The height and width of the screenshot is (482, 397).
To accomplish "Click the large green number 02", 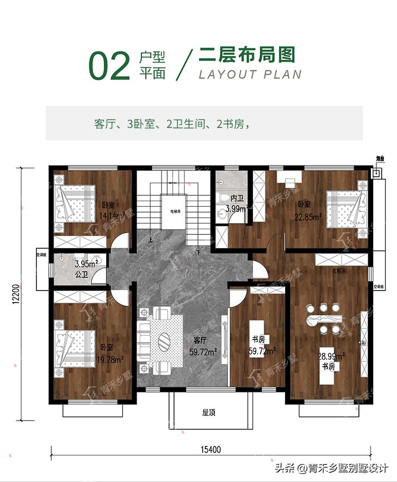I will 110,66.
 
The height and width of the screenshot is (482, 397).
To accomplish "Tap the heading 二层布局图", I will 246,55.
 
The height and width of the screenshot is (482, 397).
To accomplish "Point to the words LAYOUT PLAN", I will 250,74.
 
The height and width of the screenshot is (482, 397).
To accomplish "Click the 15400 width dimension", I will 211,450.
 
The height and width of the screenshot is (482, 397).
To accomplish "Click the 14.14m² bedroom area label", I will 112,215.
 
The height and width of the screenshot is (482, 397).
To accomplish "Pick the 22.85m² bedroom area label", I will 308,216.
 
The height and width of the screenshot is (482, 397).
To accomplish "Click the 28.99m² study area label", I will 331,357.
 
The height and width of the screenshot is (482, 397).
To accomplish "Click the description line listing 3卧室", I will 172,125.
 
